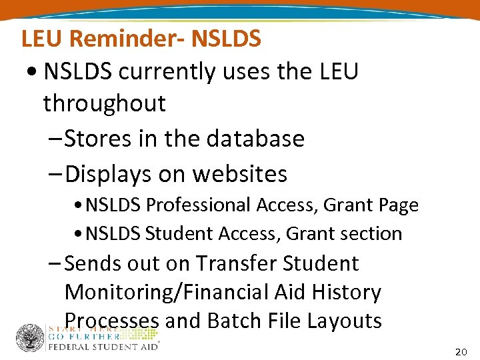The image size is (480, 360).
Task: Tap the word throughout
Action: pyautogui.click(x=104, y=103)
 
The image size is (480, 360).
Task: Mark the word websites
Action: pyautogui.click(x=240, y=174)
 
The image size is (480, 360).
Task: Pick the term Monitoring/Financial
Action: pyautogui.click(x=155, y=292)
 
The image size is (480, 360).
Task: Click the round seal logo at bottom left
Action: pyautogui.click(x=29, y=337)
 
